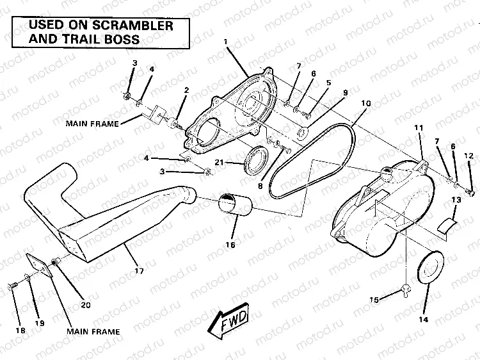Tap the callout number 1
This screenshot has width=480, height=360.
click(x=226, y=42)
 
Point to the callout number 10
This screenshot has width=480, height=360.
click(x=365, y=104)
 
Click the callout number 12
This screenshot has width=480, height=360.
click(x=468, y=156)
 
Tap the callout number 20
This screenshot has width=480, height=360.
click(x=84, y=305)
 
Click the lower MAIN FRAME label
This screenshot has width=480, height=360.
click(x=93, y=332)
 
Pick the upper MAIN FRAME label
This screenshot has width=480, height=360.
click(x=92, y=124)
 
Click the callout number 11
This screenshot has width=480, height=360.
click(x=419, y=128)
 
